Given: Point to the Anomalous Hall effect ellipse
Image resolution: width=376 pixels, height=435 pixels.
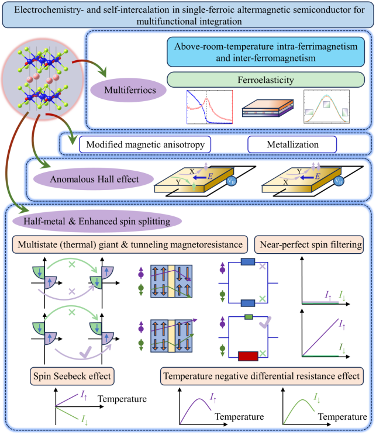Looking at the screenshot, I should (104, 179).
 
